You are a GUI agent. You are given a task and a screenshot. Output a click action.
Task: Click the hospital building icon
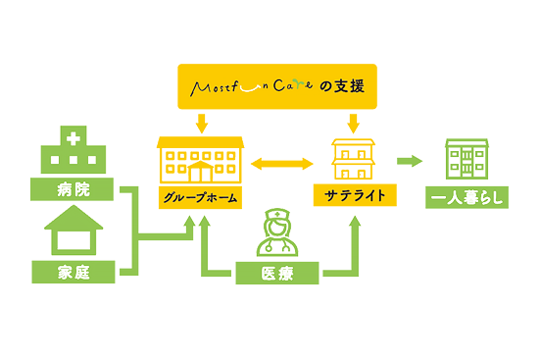[73, 154]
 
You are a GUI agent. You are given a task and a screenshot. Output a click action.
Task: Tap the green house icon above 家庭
[73, 234]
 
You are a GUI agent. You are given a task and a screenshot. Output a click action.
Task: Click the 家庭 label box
[73, 270]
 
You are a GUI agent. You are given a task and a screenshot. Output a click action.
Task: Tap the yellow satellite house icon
[353, 158]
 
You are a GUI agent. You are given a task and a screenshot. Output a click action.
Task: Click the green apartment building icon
[467, 159]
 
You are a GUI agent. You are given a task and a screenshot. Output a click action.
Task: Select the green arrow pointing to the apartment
[410, 160]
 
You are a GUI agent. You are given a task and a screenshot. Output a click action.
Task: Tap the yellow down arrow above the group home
[200, 123]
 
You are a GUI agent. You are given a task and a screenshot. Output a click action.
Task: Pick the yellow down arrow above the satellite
[353, 123]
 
